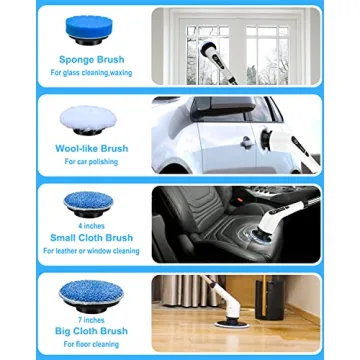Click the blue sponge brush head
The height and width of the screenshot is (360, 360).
(91, 27)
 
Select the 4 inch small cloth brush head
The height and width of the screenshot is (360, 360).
(91, 203)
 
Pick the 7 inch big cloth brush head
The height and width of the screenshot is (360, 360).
(91, 292)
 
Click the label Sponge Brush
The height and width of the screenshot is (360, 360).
(91, 59)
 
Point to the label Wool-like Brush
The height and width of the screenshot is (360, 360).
(91, 148)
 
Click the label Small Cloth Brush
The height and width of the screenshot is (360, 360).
(91, 237)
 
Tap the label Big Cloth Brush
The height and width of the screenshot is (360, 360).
(91, 330)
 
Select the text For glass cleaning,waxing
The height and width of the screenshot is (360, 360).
(91, 73)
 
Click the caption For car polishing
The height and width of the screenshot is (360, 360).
(91, 161)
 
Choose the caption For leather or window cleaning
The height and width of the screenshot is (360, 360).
(91, 250)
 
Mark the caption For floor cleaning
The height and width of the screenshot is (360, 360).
(91, 343)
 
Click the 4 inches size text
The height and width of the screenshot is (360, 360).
(91, 225)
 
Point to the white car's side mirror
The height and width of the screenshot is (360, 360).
(245, 141)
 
